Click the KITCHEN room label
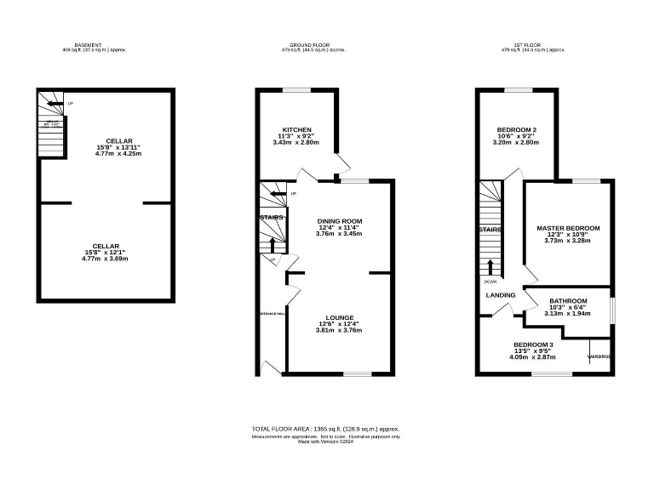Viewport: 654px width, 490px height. (x=297, y=129)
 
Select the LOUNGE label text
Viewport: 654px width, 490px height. (x=340, y=316)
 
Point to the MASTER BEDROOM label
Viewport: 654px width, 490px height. (x=568, y=228)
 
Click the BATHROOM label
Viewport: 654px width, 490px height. (x=568, y=300)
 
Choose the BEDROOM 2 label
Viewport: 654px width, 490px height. (x=516, y=129)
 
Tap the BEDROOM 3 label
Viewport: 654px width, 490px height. (x=532, y=343)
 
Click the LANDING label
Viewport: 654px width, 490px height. (x=501, y=295)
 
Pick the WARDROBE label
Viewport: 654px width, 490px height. (x=599, y=356)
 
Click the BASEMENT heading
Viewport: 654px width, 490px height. (x=89, y=44)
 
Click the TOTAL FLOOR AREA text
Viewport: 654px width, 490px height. (x=325, y=429)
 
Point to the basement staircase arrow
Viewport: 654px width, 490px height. (x=54, y=105)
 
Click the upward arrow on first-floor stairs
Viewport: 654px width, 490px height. (x=490, y=255)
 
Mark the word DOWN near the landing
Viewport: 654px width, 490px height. (x=490, y=281)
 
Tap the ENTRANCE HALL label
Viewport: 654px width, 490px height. (x=272, y=313)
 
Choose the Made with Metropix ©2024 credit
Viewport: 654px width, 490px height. (x=325, y=442)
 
